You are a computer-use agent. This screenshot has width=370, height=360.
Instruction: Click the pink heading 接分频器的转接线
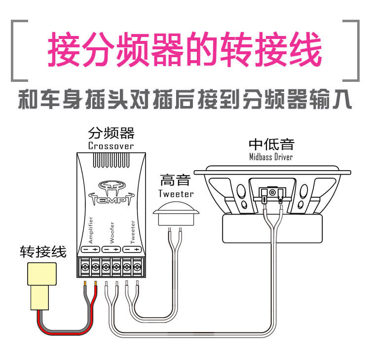click(x=185, y=50)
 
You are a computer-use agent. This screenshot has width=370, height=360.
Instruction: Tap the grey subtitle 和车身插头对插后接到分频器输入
click(x=185, y=101)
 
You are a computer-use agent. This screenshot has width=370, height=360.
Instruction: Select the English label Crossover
click(x=111, y=146)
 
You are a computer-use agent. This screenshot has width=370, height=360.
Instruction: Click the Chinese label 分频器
click(x=111, y=134)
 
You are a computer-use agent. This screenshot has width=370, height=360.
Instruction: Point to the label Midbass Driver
click(x=271, y=157)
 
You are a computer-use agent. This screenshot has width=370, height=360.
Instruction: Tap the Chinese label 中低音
click(x=271, y=144)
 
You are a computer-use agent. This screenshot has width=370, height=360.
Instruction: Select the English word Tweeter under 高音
click(x=176, y=193)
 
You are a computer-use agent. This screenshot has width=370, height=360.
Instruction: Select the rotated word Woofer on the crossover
click(x=111, y=232)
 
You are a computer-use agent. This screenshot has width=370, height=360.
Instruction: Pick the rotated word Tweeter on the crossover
click(x=132, y=231)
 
